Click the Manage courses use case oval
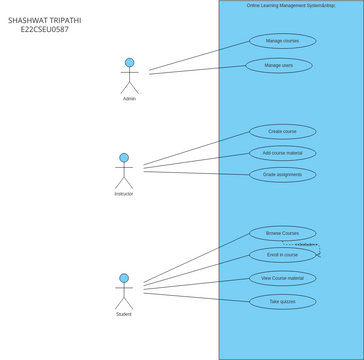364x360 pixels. [282, 41]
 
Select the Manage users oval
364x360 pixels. [279, 65]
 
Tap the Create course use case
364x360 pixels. [282, 131]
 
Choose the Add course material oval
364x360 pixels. [282, 153]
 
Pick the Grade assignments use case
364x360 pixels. [282, 174]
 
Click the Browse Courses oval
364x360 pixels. [282, 233]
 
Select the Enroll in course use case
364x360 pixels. [282, 255]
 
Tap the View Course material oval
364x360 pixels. [282, 278]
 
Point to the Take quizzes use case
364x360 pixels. [282, 301]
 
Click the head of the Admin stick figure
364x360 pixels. [129, 63]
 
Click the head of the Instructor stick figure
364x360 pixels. [124, 158]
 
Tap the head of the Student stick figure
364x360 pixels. [124, 278]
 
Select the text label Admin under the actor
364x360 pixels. [129, 99]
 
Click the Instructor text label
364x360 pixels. [124, 194]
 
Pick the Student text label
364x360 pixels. [124, 314]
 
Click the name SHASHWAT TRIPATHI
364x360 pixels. [45, 19]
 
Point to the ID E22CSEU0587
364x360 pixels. [45, 30]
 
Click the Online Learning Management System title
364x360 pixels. [291, 5]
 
